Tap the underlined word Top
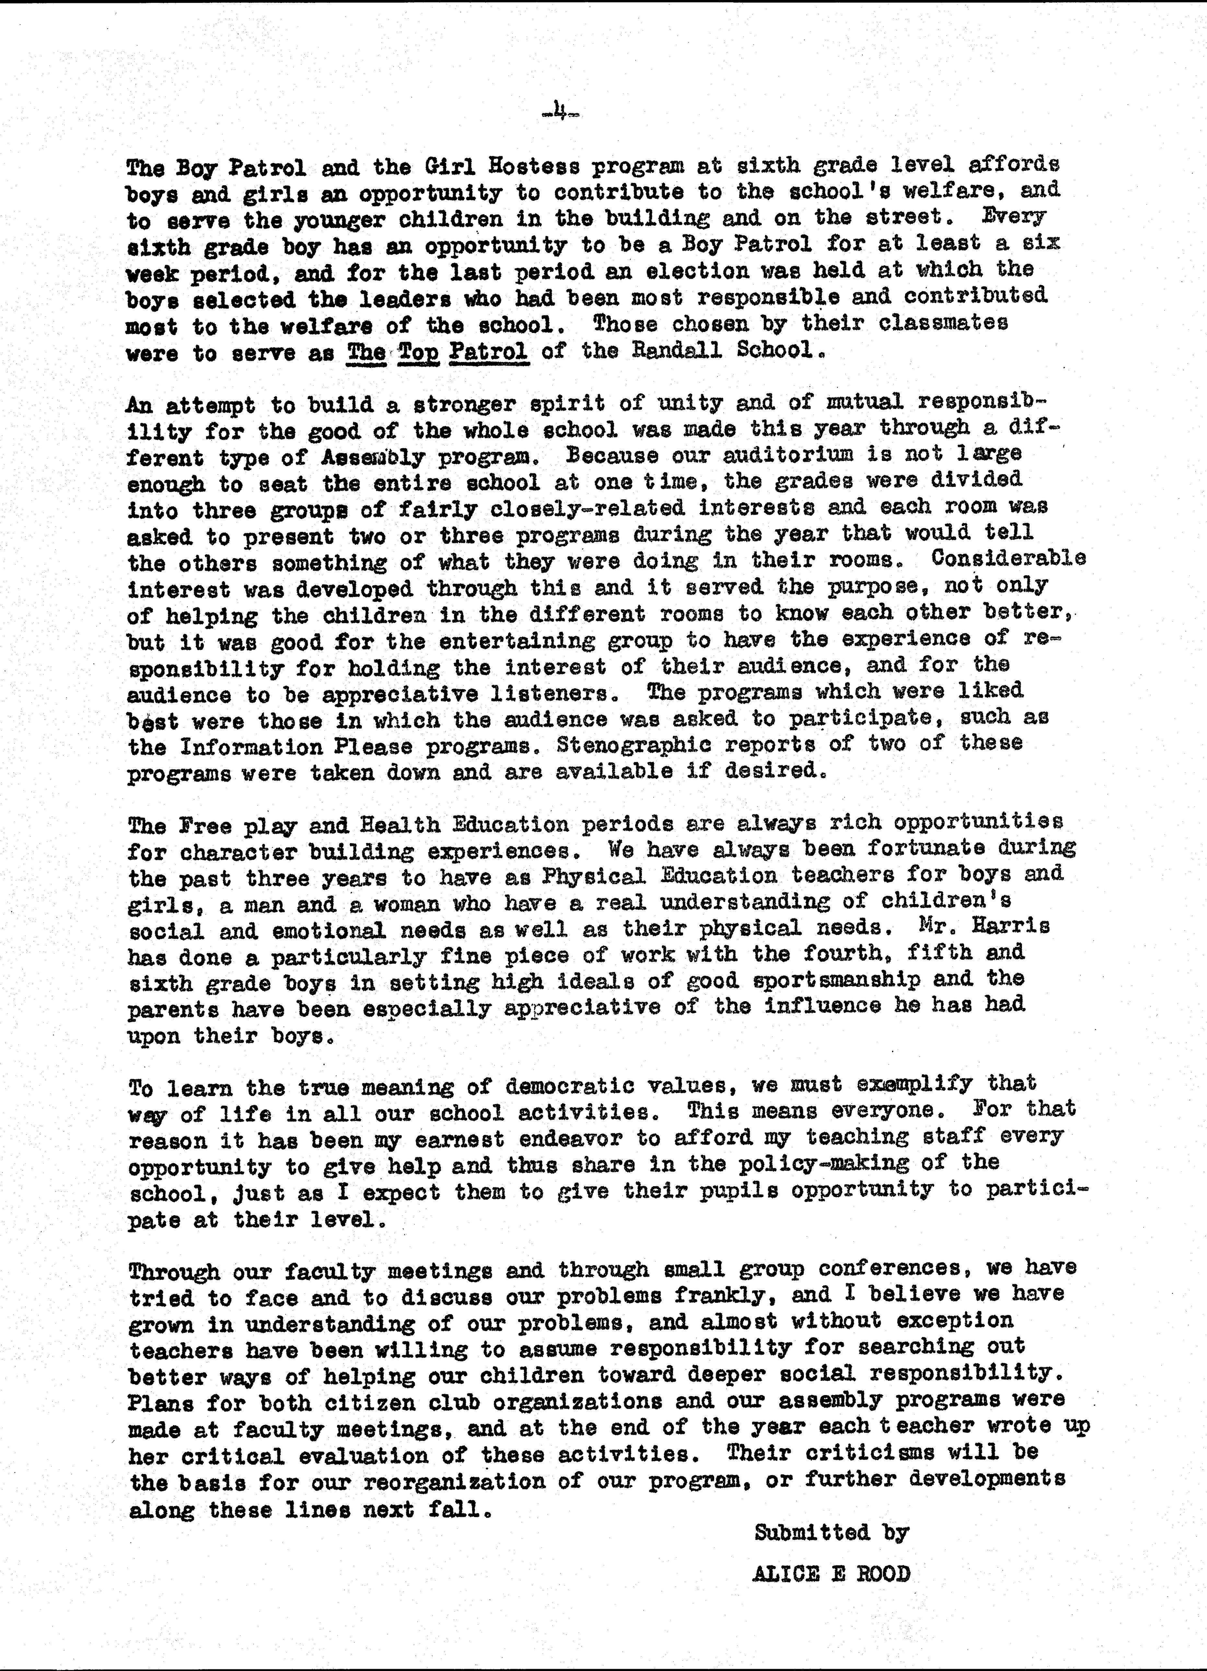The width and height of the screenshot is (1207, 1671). pyautogui.click(x=418, y=351)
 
